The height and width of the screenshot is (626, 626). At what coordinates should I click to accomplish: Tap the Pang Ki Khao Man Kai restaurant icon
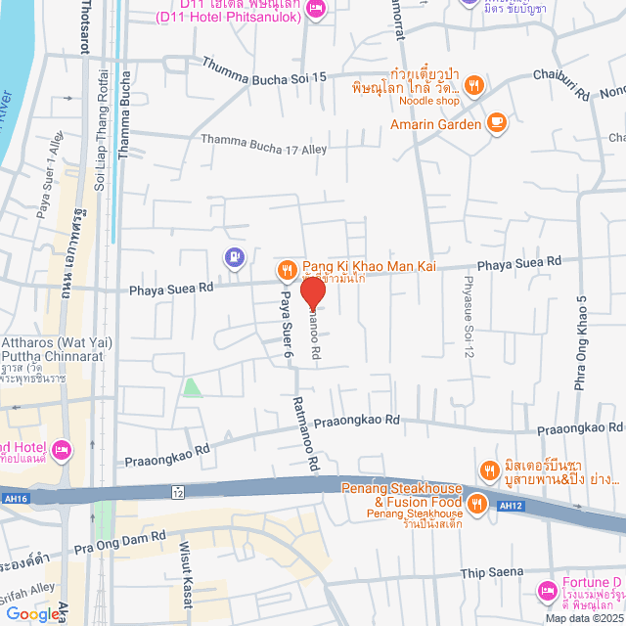pyautogui.click(x=286, y=268)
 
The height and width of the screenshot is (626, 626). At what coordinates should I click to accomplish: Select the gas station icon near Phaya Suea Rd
pyautogui.click(x=234, y=258)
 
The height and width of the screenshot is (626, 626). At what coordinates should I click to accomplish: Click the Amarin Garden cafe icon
pyautogui.click(x=497, y=123)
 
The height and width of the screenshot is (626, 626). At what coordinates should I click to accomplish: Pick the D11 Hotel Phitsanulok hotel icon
pyautogui.click(x=315, y=9)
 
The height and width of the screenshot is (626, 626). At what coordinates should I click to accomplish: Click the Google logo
pyautogui.click(x=32, y=613)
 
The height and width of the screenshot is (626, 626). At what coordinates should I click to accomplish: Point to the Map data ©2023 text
pyautogui.click(x=584, y=618)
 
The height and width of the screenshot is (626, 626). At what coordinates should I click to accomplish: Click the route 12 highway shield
pyautogui.click(x=177, y=490)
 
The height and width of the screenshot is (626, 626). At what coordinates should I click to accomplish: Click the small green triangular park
pyautogui.click(x=193, y=387)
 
